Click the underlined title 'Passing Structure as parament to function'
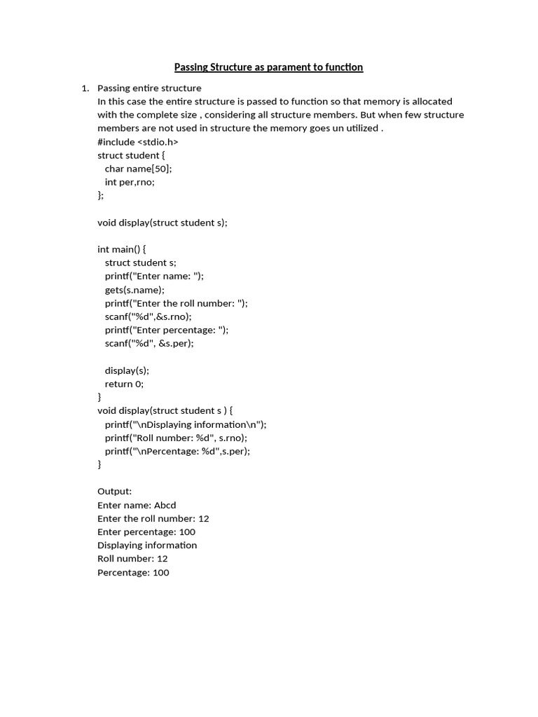[x=268, y=67]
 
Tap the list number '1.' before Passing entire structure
[x=85, y=88]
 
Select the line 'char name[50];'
[x=138, y=169]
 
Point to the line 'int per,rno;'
[x=130, y=182]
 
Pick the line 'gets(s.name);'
[x=134, y=290]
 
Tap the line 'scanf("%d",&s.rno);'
[x=148, y=316]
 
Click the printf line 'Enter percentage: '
[x=167, y=330]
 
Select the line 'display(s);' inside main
[x=127, y=370]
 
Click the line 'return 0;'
[x=124, y=384]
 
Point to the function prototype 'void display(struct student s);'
[x=163, y=223]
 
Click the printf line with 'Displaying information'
[x=186, y=424]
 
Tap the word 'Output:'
[x=115, y=492]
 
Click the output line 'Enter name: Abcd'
[x=137, y=505]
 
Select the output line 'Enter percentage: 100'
[x=146, y=532]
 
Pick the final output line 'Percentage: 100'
[x=133, y=573]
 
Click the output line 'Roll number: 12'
[x=132, y=559]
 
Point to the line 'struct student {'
[x=131, y=155]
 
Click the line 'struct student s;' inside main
[x=140, y=263]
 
